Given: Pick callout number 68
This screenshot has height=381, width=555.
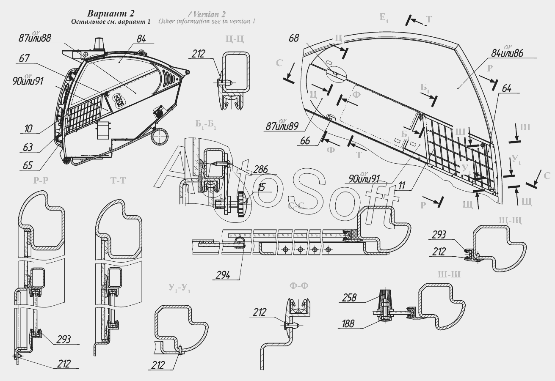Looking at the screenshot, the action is (294, 38).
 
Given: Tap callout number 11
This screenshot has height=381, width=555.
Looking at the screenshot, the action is (402, 185).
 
